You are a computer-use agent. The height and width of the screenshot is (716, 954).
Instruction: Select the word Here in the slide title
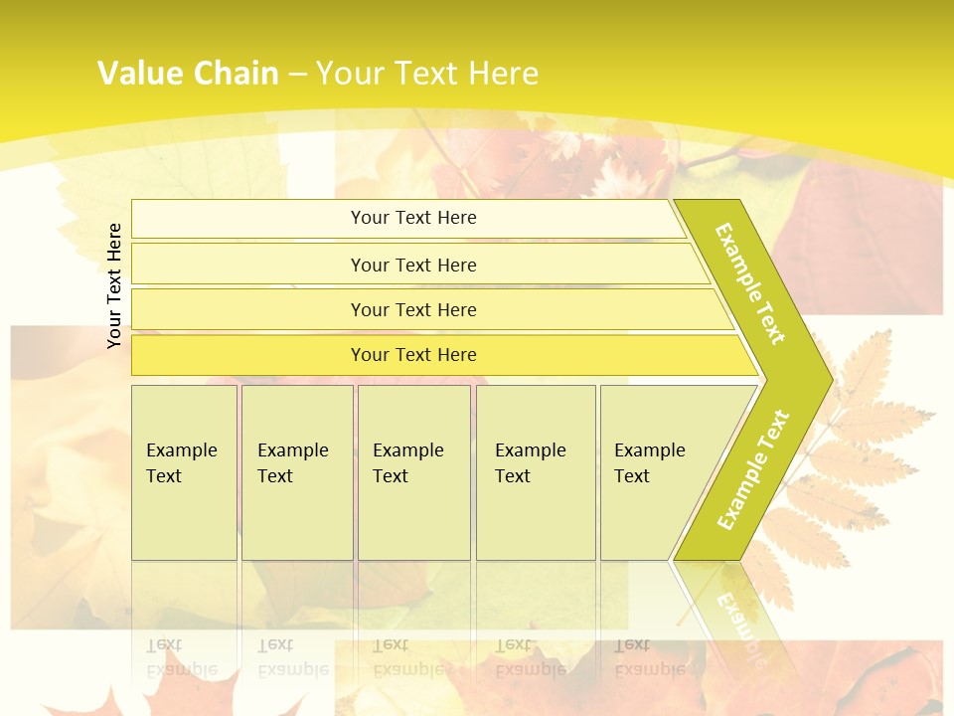pyautogui.click(x=503, y=74)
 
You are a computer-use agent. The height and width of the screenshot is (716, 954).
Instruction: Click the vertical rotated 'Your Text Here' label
pyautogui.click(x=114, y=285)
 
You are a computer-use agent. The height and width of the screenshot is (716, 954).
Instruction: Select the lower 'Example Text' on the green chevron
pyautogui.click(x=753, y=469)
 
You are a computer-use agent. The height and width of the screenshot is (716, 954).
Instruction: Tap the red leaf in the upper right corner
pyautogui.click(x=865, y=239)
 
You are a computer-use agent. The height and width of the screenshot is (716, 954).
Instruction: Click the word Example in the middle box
pyautogui.click(x=407, y=450)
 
